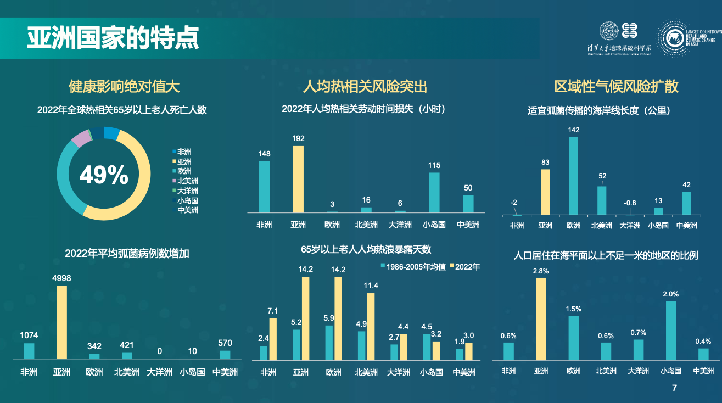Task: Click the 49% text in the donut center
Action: pyautogui.click(x=104, y=175)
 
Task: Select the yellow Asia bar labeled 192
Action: pyautogui.click(x=298, y=179)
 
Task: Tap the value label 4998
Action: pyautogui.click(x=61, y=278)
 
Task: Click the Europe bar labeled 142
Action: pyautogui.click(x=573, y=176)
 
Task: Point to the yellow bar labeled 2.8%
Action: pyautogui.click(x=541, y=318)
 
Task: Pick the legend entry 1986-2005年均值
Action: pyautogui.click(x=413, y=267)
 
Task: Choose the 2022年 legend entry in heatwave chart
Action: pyautogui.click(x=465, y=267)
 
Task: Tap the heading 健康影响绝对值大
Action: pyautogui.click(x=124, y=86)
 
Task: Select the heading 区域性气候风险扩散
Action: pyautogui.click(x=617, y=86)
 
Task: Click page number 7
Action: pyautogui.click(x=675, y=389)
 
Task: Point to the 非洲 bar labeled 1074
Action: pyautogui.click(x=29, y=351)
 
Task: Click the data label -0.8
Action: pyautogui.click(x=629, y=203)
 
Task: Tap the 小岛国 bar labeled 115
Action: pyautogui.click(x=434, y=192)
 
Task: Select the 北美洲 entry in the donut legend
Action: pyautogui.click(x=186, y=181)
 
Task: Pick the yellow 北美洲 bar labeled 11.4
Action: pyautogui.click(x=371, y=326)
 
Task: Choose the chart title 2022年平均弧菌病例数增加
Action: pyautogui.click(x=127, y=254)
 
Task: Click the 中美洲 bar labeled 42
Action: pyautogui.click(x=687, y=203)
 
